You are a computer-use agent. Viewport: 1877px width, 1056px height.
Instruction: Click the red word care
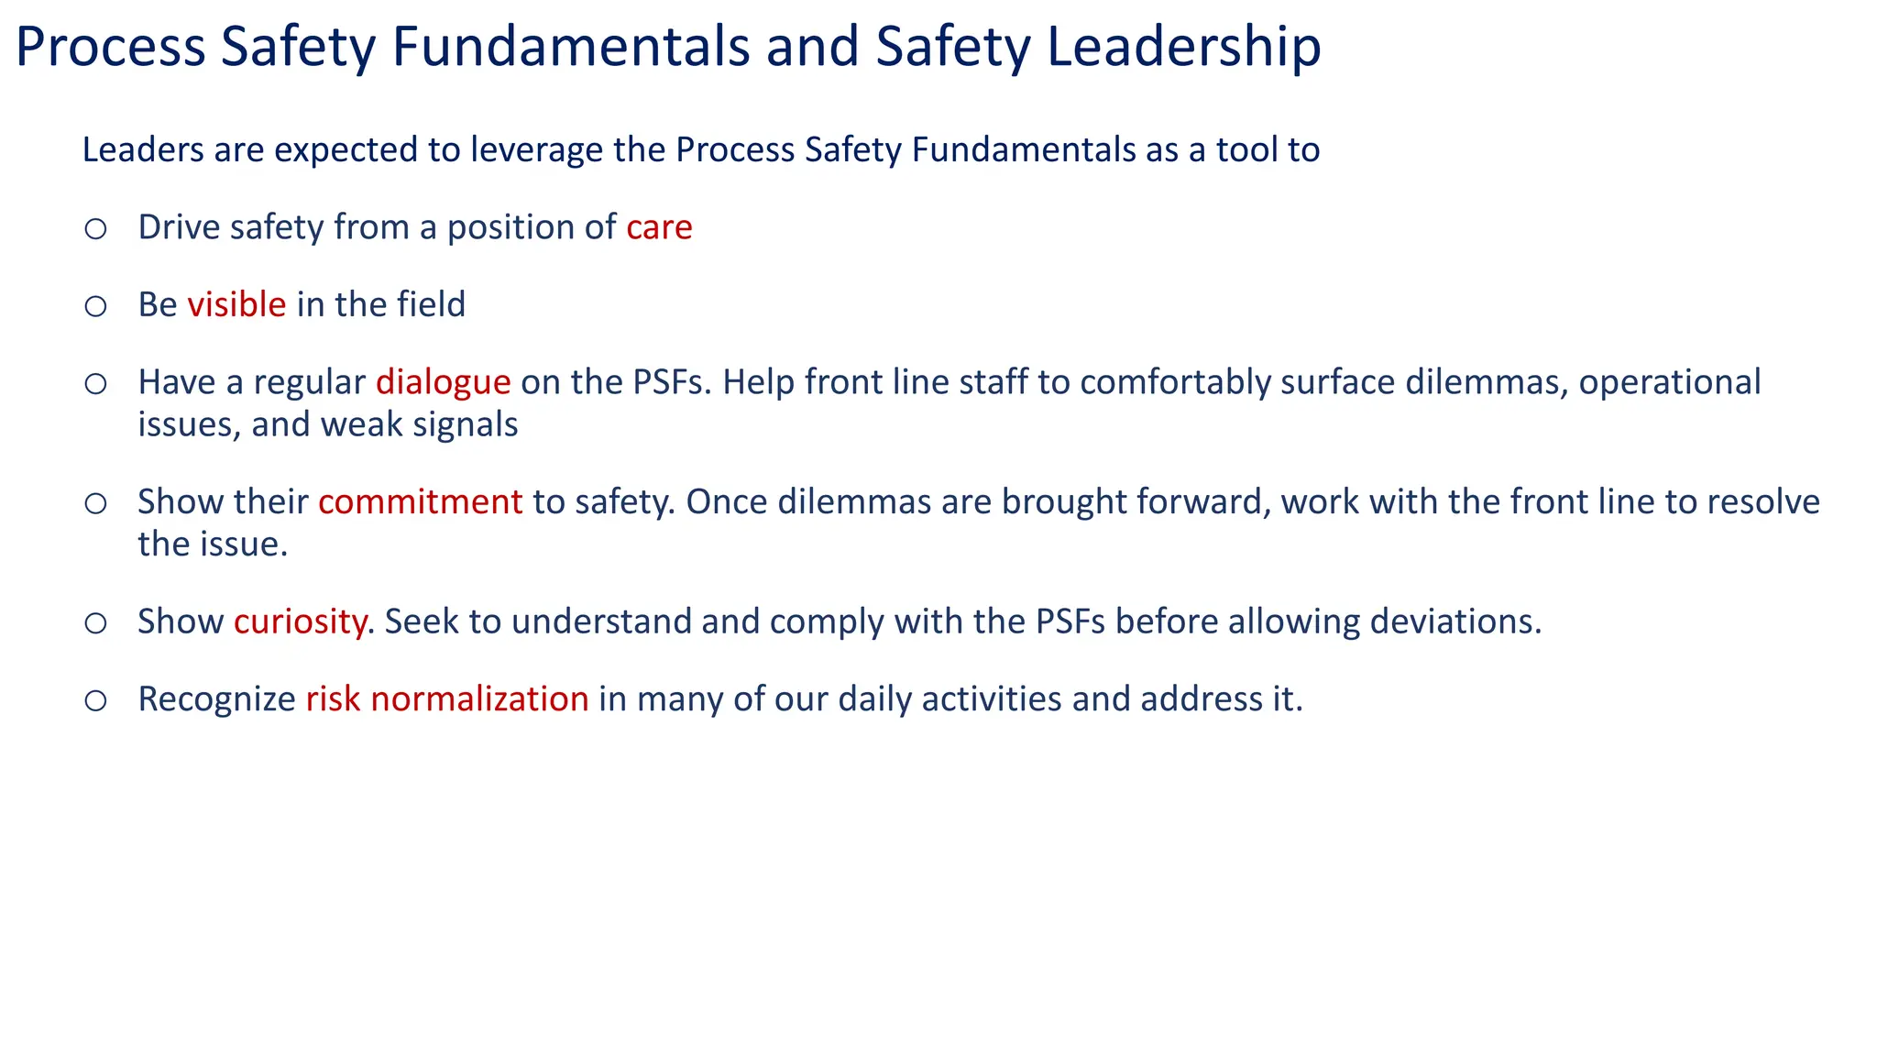coord(659,228)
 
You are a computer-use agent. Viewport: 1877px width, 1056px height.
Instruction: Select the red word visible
coord(236,304)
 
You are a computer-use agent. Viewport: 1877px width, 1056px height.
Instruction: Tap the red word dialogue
coord(443,382)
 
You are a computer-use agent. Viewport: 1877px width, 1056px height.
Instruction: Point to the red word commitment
coord(420,502)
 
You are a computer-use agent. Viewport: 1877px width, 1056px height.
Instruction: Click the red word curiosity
coord(300,622)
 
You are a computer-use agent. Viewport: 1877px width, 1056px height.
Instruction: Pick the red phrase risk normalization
coord(446,699)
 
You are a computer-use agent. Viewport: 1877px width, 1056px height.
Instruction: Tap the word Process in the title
coord(110,48)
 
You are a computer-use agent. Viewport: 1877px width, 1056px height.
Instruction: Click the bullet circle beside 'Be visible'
coord(95,306)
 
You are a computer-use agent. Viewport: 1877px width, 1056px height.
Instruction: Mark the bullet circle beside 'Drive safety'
coord(95,229)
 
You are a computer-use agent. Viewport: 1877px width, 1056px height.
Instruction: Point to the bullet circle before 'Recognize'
coord(95,701)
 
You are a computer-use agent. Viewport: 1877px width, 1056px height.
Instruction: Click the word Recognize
coord(216,699)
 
